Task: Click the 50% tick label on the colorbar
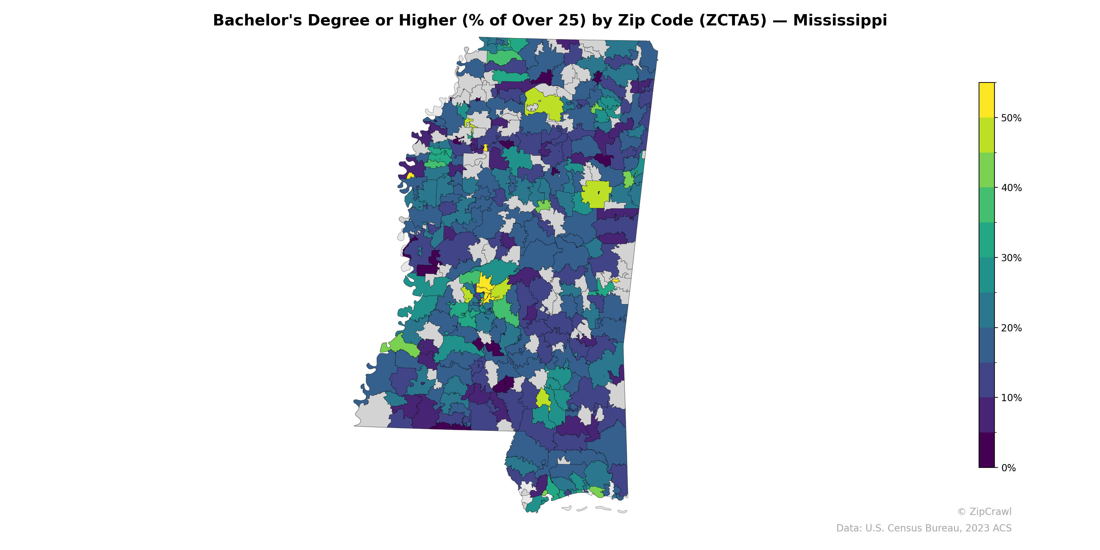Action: pyautogui.click(x=1011, y=118)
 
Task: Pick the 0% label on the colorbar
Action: pyautogui.click(x=1008, y=468)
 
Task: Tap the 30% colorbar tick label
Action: pyautogui.click(x=1011, y=258)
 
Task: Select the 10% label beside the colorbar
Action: pyautogui.click(x=1011, y=398)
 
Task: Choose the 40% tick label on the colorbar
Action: pyautogui.click(x=1011, y=188)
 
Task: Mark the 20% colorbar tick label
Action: pyautogui.click(x=1011, y=328)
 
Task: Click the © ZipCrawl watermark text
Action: pyautogui.click(x=984, y=511)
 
